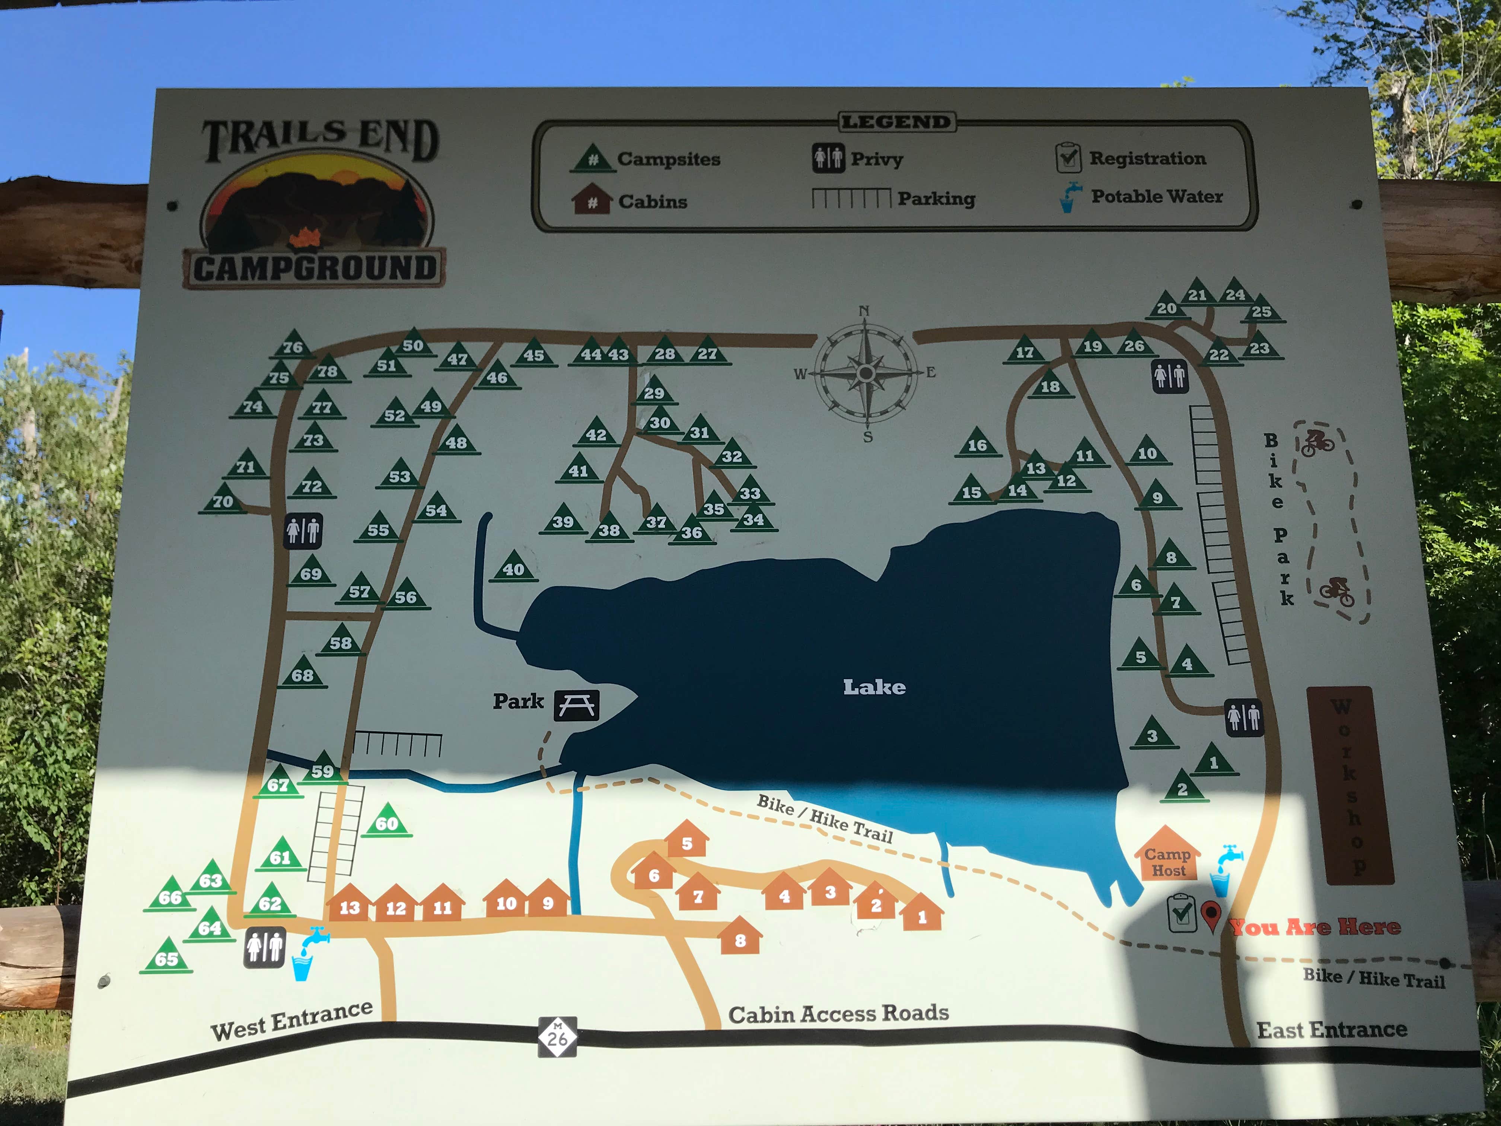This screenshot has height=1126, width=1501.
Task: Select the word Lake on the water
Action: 874,687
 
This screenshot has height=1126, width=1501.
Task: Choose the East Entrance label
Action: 1331,1030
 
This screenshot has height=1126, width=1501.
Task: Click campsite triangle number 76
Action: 293,345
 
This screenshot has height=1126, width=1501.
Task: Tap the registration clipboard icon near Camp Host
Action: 1181,913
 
